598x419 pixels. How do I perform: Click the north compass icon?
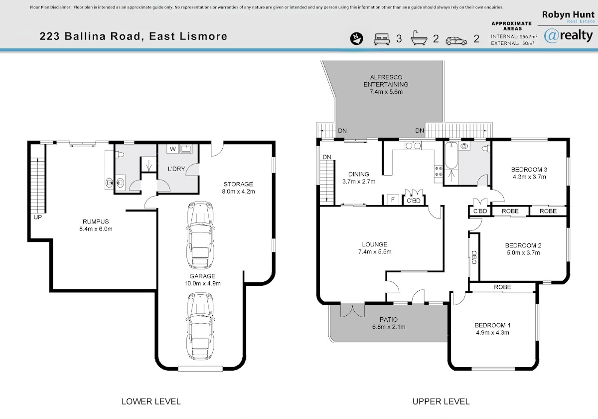tap(356, 38)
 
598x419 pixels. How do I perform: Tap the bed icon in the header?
tap(382, 39)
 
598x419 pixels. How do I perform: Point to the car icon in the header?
tap(456, 41)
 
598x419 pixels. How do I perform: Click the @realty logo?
tap(569, 35)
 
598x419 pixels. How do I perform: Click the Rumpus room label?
tap(96, 225)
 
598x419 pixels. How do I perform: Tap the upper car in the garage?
tap(200, 235)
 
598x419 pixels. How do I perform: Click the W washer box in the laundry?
tap(173, 149)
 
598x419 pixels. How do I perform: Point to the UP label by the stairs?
tap(38, 217)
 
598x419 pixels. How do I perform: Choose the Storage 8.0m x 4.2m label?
tap(238, 188)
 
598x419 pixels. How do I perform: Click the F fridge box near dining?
tap(393, 200)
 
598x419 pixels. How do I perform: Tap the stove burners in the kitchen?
tap(439, 171)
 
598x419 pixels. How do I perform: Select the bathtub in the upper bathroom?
tap(451, 156)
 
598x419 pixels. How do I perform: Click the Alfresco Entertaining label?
tap(386, 84)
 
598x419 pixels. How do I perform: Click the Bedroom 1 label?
tap(492, 329)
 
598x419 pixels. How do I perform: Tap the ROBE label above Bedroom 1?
tap(502, 287)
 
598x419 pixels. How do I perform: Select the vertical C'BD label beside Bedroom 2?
tap(474, 257)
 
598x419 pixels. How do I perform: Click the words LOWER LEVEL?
tap(151, 402)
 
